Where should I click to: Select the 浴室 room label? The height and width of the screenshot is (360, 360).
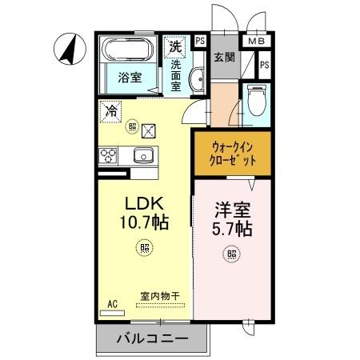[130, 80]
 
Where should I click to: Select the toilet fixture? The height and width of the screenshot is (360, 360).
[256, 100]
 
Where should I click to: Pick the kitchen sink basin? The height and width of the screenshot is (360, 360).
[143, 155]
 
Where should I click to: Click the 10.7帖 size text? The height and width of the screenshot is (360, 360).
[144, 224]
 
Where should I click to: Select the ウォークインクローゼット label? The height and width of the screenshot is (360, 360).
[233, 153]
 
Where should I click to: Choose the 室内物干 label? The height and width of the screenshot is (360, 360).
[160, 296]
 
